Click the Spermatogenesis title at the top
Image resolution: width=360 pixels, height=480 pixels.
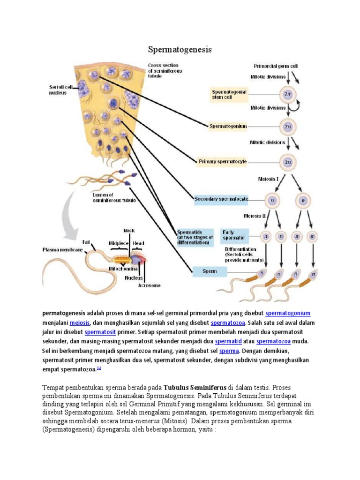click(180, 49)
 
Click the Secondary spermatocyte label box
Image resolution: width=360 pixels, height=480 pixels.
click(221, 199)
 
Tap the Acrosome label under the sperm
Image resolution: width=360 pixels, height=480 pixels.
click(150, 285)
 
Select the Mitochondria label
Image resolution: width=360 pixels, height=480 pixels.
click(123, 269)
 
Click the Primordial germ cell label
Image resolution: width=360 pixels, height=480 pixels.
click(276, 67)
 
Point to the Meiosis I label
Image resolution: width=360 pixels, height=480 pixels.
click(269, 179)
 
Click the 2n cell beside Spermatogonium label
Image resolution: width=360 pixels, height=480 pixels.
click(287, 126)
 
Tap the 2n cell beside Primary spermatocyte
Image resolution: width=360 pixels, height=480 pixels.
click(287, 162)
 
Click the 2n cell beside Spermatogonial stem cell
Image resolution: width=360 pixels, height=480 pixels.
click(287, 94)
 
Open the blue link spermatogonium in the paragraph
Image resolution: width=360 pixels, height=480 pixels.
click(288, 313)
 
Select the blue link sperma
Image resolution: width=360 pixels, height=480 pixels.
click(229, 351)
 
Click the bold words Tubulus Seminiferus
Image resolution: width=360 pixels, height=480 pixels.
click(195, 388)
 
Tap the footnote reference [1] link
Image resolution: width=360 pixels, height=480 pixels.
click(99, 369)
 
